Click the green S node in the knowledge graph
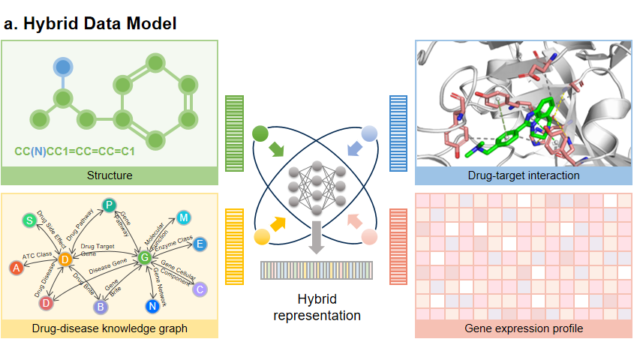click(x=29, y=220)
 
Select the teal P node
click(x=109, y=205)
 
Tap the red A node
click(x=15, y=267)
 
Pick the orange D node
click(x=65, y=259)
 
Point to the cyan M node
click(x=184, y=217)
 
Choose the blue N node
click(x=152, y=306)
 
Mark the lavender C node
click(x=200, y=289)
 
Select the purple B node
click(x=101, y=306)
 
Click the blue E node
click(x=200, y=244)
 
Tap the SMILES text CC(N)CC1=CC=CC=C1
click(x=75, y=151)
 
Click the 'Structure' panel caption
click(x=110, y=176)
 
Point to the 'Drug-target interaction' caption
click(x=523, y=176)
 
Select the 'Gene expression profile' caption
click(x=523, y=328)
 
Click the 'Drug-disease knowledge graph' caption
click(x=110, y=328)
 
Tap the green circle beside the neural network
click(x=260, y=134)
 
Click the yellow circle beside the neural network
click(x=261, y=237)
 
